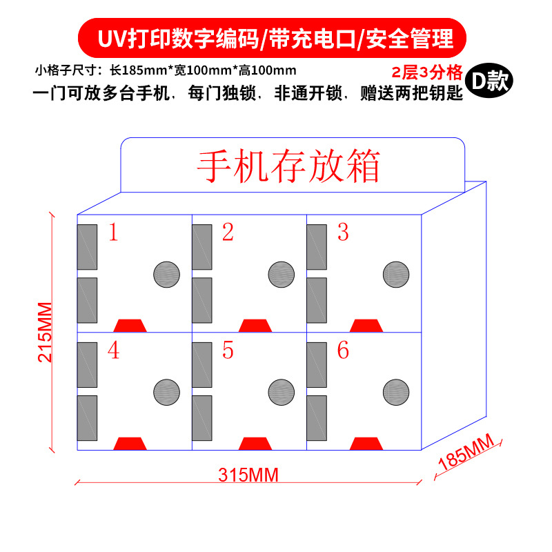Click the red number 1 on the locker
click(x=114, y=233)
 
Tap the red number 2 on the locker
click(x=228, y=233)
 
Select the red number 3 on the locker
click(x=343, y=233)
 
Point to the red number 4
click(x=113, y=351)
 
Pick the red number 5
click(x=228, y=351)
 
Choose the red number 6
click(x=343, y=351)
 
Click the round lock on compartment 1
click(x=166, y=275)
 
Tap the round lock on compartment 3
click(x=396, y=275)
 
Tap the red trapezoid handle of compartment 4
click(x=130, y=443)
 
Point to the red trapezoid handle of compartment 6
click(x=366, y=443)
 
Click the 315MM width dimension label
click(x=248, y=475)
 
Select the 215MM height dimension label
click(x=44, y=332)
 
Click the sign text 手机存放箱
click(x=290, y=165)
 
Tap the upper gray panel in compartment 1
click(x=87, y=246)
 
